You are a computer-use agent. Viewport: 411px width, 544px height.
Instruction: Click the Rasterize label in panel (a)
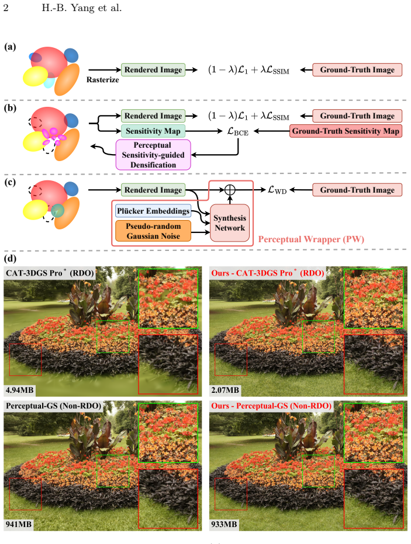[102, 80]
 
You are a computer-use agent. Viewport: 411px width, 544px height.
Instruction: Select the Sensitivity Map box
[153, 131]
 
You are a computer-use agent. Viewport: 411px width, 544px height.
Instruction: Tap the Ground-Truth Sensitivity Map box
[346, 131]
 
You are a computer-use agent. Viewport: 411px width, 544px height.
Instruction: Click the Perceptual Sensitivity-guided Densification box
[153, 155]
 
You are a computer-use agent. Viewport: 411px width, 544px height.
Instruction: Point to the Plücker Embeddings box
[153, 211]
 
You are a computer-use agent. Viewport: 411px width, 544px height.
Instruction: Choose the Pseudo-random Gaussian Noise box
[153, 231]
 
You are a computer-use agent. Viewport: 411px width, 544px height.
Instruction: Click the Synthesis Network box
[230, 223]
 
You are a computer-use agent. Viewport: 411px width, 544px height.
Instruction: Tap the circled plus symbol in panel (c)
[230, 190]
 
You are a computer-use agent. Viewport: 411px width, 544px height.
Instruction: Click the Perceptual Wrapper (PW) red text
[311, 239]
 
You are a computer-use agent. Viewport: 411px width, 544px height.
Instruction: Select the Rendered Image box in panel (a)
[153, 69]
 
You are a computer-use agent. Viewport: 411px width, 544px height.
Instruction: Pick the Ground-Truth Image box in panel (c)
[357, 190]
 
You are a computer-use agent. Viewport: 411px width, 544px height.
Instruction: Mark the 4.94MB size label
[20, 390]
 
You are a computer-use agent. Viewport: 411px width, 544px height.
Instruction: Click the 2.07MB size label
[225, 390]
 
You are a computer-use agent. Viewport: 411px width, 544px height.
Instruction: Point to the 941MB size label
[19, 524]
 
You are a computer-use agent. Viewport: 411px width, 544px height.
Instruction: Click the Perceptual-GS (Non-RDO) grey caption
[54, 406]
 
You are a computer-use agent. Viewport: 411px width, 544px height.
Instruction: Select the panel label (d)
[10, 259]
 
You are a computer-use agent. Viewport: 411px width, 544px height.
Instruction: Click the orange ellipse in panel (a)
[67, 79]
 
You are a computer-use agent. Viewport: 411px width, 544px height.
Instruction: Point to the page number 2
[6, 8]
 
